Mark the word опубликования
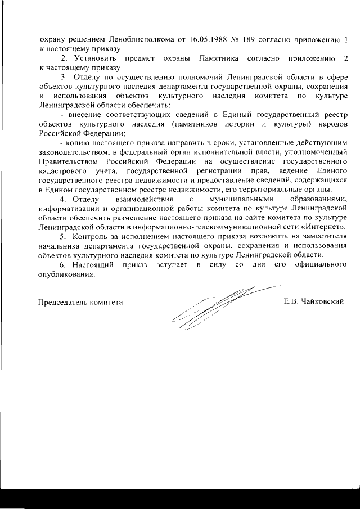click(x=65, y=275)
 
